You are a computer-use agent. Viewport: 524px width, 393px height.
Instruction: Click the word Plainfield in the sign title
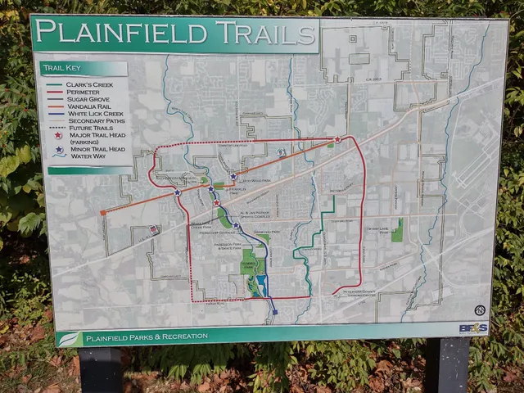121,34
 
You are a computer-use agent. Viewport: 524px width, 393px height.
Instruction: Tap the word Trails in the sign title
264,34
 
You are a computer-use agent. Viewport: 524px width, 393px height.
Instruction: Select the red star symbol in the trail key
58,136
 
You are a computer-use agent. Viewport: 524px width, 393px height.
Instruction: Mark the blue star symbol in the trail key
58,150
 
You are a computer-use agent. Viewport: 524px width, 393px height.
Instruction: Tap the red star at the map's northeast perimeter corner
337,139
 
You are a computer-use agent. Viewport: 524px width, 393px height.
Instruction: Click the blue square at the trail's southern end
274,312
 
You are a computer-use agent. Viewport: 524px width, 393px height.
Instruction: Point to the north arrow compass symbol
480,310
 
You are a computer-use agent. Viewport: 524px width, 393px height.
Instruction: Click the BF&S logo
474,327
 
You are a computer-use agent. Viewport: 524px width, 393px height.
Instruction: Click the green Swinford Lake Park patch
397,230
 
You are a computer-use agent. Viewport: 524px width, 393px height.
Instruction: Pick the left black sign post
101,370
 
